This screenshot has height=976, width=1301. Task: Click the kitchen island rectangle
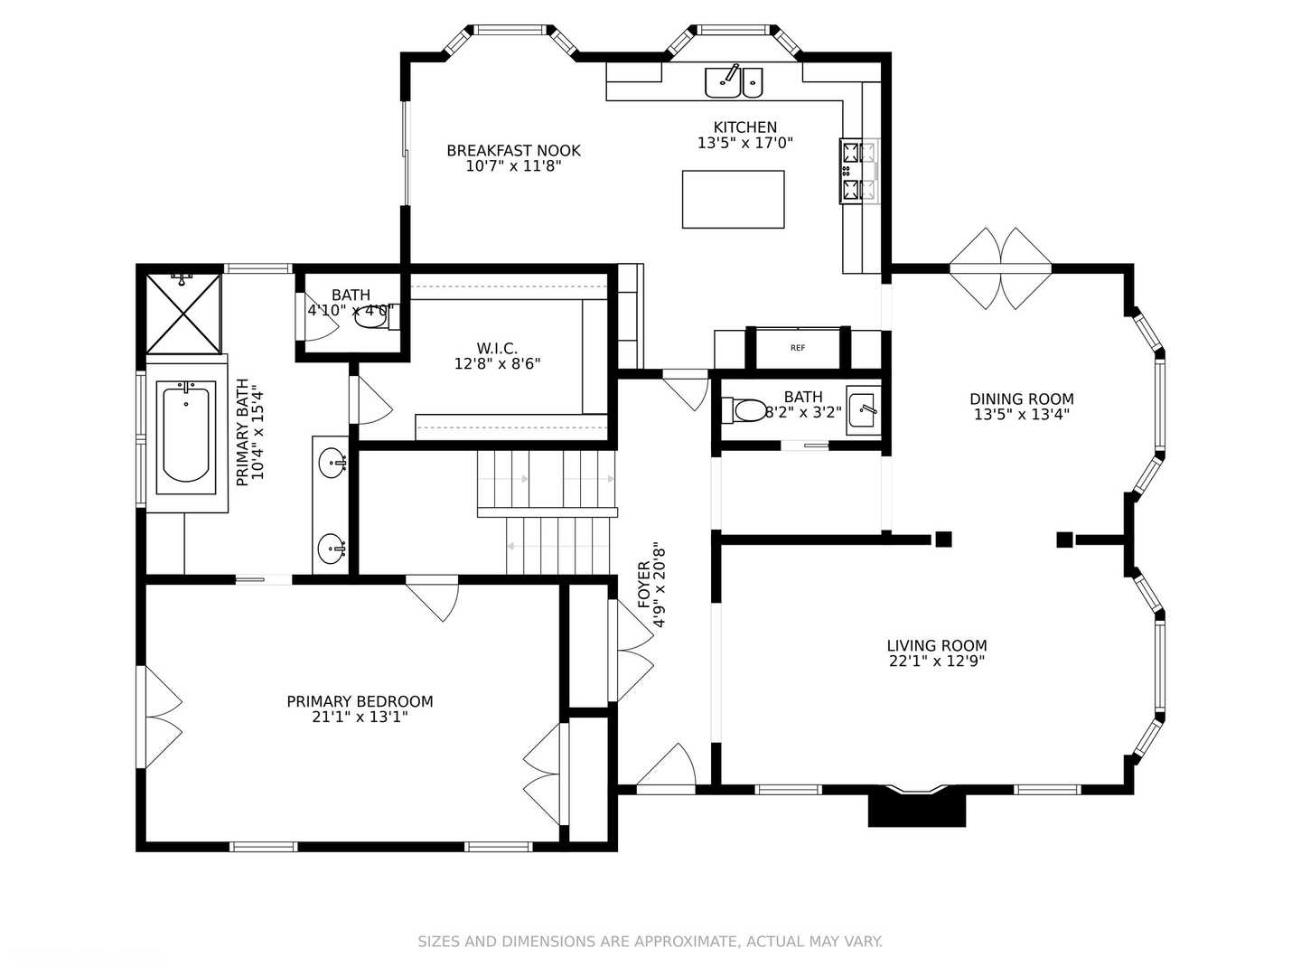tap(733, 200)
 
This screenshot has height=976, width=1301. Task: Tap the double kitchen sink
tap(734, 82)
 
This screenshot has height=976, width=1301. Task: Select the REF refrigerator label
tap(798, 348)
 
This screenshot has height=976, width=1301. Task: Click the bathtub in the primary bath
tap(186, 436)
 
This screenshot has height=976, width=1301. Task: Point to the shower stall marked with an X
tap(183, 314)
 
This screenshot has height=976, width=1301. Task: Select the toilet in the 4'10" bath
tap(370, 316)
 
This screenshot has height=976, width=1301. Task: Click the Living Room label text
tap(936, 645)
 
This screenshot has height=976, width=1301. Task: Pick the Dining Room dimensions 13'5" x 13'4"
tap(1021, 415)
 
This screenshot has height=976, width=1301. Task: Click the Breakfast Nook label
tap(513, 150)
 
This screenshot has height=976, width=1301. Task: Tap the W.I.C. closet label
tap(497, 348)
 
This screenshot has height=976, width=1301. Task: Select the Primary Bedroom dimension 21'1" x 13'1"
tap(360, 717)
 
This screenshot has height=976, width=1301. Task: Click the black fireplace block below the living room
tap(917, 809)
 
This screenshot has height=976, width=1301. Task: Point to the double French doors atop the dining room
tap(1000, 267)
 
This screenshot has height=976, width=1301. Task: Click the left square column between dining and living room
tap(943, 540)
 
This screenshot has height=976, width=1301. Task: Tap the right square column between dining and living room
tap(1064, 540)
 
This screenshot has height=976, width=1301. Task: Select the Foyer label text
tap(643, 585)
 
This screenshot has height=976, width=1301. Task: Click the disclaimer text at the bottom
tap(650, 942)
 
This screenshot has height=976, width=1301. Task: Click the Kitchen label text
tap(744, 127)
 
